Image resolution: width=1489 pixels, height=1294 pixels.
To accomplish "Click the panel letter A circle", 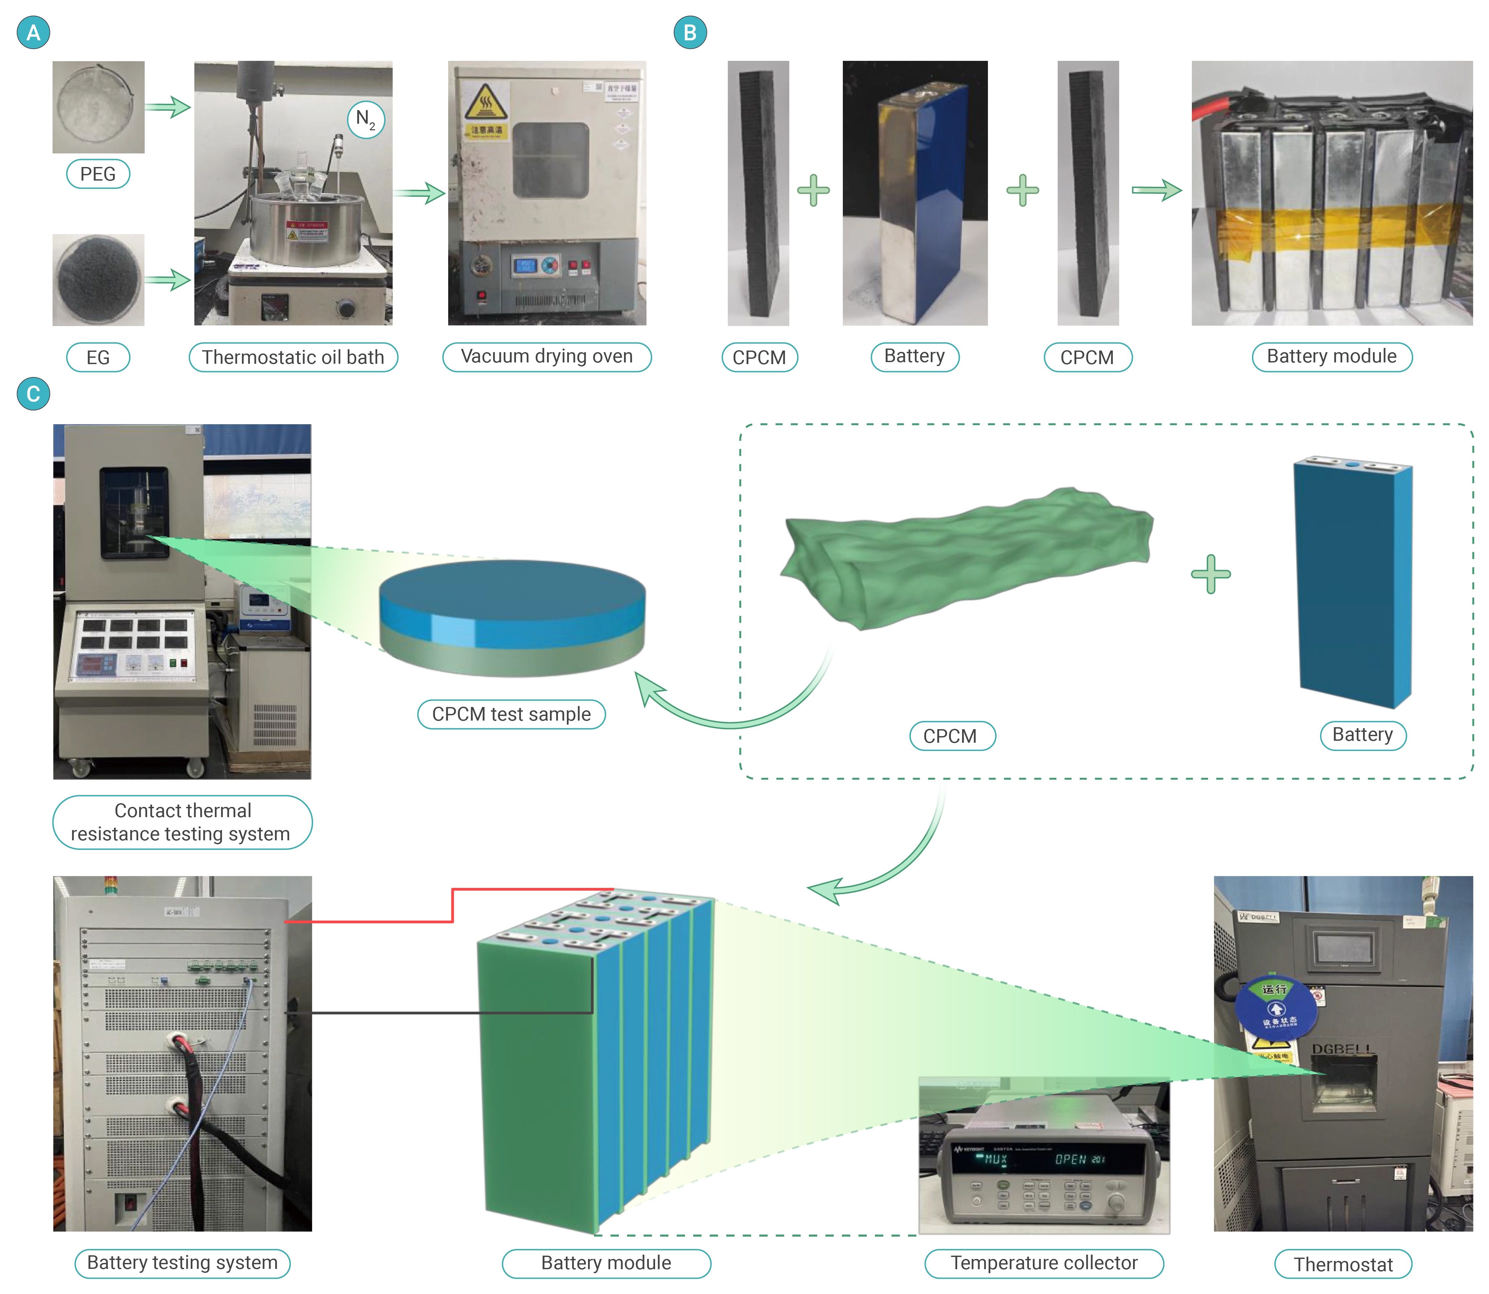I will pyautogui.click(x=33, y=32).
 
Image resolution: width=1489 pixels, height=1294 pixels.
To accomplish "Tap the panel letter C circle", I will pyautogui.click(x=33, y=394).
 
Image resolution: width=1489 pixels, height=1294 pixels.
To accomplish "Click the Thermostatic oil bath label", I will pyautogui.click(x=293, y=357).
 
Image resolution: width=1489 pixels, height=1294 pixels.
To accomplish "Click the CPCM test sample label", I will pyautogui.click(x=511, y=714).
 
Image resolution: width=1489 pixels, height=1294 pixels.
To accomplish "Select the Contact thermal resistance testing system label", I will pyautogui.click(x=182, y=822).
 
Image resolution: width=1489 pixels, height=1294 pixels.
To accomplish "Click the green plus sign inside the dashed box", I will pyautogui.click(x=1210, y=574).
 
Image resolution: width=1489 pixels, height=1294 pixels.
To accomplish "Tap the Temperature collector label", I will pyautogui.click(x=1044, y=1263).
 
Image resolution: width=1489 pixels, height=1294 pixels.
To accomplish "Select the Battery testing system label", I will pyautogui.click(x=182, y=1263).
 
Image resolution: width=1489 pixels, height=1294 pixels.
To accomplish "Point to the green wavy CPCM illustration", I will pyautogui.click(x=967, y=556).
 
